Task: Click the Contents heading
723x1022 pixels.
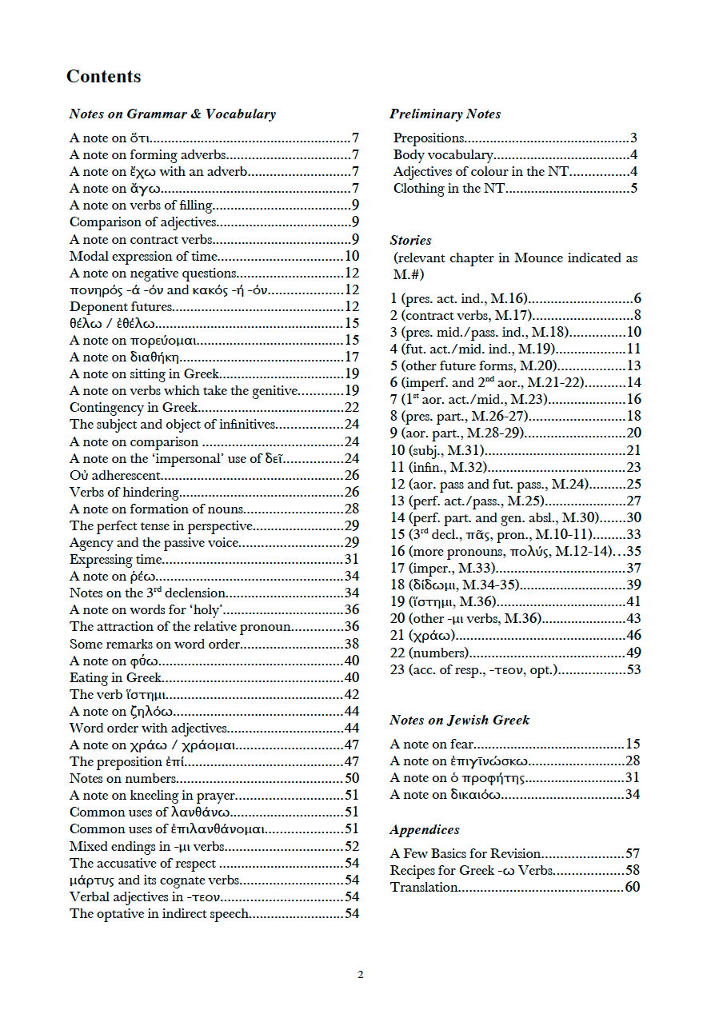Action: pyautogui.click(x=103, y=77)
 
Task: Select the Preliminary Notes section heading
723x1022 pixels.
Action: pyautogui.click(x=445, y=114)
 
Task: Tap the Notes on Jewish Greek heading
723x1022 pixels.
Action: pyautogui.click(x=459, y=721)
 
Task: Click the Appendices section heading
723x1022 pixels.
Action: pyautogui.click(x=424, y=830)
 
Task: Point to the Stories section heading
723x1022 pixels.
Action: pyautogui.click(x=410, y=240)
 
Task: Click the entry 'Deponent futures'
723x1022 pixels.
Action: pyautogui.click(x=121, y=307)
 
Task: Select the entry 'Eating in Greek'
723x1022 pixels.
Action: pyautogui.click(x=115, y=678)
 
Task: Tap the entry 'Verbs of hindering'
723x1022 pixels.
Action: pyautogui.click(x=124, y=493)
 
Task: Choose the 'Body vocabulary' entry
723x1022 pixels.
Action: pyautogui.click(x=443, y=155)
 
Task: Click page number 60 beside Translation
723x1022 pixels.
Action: pyautogui.click(x=633, y=887)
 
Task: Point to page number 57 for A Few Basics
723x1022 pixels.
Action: pyautogui.click(x=633, y=853)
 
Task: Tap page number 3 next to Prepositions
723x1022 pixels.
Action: pyautogui.click(x=633, y=138)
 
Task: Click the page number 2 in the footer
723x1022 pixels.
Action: pyautogui.click(x=361, y=975)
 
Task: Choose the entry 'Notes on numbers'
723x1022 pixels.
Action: pyautogui.click(x=122, y=779)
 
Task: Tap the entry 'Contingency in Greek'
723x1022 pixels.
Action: pyautogui.click(x=134, y=408)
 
